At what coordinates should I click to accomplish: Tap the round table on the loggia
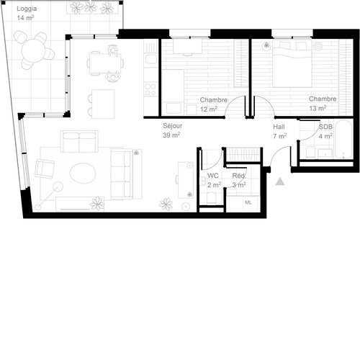coord(35,50)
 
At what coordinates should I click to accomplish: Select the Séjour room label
coord(172,125)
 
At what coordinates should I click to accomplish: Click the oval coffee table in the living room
coord(83,174)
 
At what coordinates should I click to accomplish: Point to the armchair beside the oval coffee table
coord(45,168)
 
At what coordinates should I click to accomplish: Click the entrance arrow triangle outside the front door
coord(279,181)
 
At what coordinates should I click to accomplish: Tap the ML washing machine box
coord(248,202)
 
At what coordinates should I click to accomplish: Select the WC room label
coord(212,176)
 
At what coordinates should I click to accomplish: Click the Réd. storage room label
coord(238,176)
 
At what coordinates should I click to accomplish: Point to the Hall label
coord(279,126)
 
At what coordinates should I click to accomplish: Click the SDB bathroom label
coord(325,126)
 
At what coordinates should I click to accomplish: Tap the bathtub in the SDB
coord(326,152)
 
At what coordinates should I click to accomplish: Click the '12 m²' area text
coord(209,109)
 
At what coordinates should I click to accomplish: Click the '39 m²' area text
coord(171,135)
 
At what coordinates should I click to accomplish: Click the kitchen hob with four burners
coord(151,89)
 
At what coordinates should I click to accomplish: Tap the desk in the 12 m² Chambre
coord(189,46)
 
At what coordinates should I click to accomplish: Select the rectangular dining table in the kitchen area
coord(104,63)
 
